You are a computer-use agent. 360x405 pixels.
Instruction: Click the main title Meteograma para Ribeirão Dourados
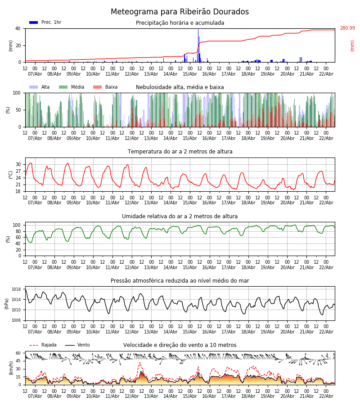point(180,12)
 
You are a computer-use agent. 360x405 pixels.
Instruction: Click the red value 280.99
point(347,28)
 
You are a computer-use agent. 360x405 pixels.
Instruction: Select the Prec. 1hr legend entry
point(45,22)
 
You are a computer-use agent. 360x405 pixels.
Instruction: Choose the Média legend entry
point(72,87)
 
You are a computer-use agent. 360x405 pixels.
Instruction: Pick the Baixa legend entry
point(105,87)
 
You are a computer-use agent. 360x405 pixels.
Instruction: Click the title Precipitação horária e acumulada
point(180,23)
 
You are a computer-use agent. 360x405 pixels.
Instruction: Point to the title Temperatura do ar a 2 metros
point(180,152)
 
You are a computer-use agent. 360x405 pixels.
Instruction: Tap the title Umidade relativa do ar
point(180,216)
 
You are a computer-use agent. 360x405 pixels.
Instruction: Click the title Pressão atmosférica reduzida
point(180,281)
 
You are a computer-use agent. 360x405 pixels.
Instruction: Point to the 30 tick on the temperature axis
point(18,164)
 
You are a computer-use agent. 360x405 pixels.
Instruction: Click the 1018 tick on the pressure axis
point(16,289)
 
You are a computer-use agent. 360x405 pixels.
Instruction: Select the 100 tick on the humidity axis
point(17,225)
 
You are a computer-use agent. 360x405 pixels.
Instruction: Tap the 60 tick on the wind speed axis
point(18,353)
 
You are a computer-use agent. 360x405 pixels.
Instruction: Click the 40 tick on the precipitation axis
point(18,28)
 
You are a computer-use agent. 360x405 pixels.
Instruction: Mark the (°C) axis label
point(11,175)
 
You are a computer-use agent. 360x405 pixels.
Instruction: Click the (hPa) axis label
point(7,303)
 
